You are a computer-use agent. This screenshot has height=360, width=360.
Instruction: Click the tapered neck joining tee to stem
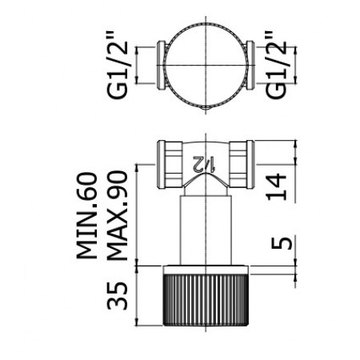(204, 189)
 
